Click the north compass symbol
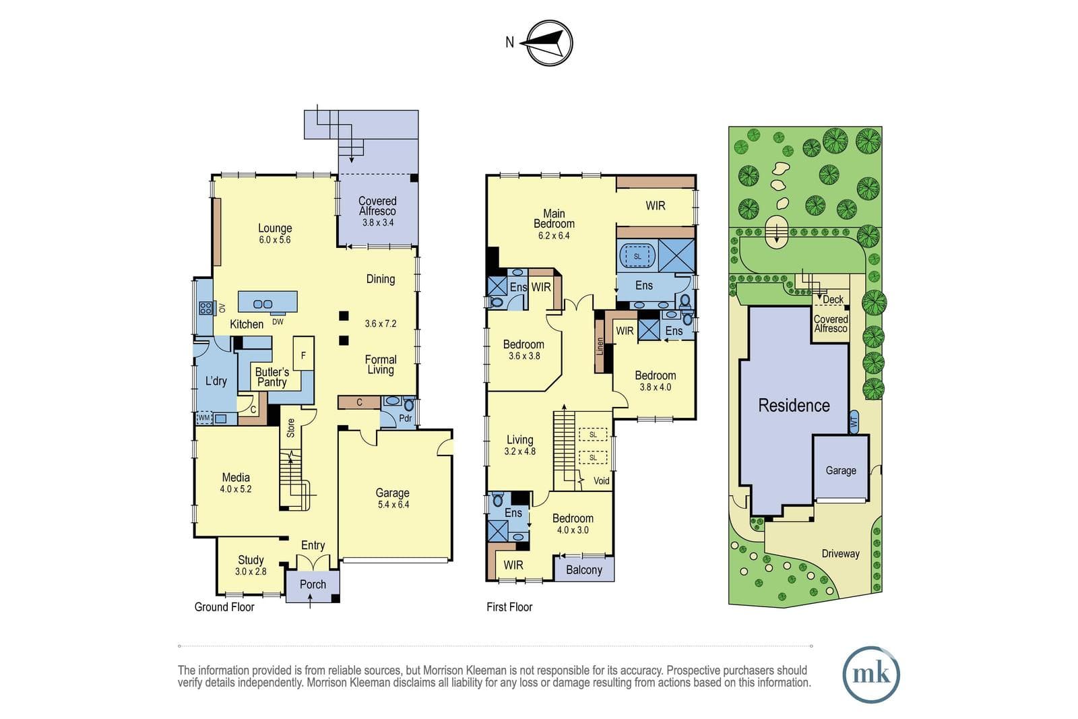pos(549,43)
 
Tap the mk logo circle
pos(871,674)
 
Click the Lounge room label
pos(275,228)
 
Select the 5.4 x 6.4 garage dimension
pos(393,504)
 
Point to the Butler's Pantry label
pos(272,377)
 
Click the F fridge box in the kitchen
pos(303,354)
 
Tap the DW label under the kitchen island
pos(278,321)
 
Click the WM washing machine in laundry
pos(204,418)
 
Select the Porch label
pos(313,584)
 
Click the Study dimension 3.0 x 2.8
pos(251,571)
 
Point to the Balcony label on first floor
pos(583,570)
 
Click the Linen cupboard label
pos(600,346)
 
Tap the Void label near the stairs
pos(602,480)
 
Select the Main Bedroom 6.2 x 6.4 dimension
pos(554,235)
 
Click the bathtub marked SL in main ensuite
pos(637,256)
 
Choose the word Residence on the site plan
pos(794,405)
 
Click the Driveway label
pos(840,553)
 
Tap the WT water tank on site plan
pos(854,422)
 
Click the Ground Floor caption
pos(224,607)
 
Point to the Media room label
pos(236,477)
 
